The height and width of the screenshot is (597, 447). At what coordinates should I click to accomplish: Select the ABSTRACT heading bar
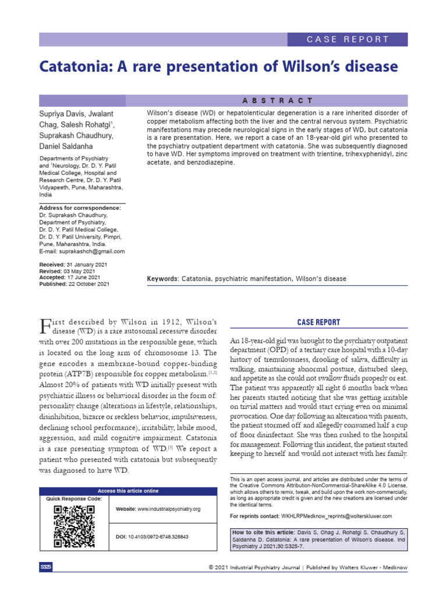(276, 100)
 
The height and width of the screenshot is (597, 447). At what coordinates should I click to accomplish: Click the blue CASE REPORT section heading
(320, 322)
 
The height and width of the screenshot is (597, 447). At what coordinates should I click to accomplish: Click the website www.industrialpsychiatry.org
(169, 509)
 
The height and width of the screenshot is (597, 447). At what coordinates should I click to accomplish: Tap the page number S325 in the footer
(46, 567)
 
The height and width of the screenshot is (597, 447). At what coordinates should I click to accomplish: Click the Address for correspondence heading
(80, 208)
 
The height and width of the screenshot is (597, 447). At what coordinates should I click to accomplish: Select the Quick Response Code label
(74, 499)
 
